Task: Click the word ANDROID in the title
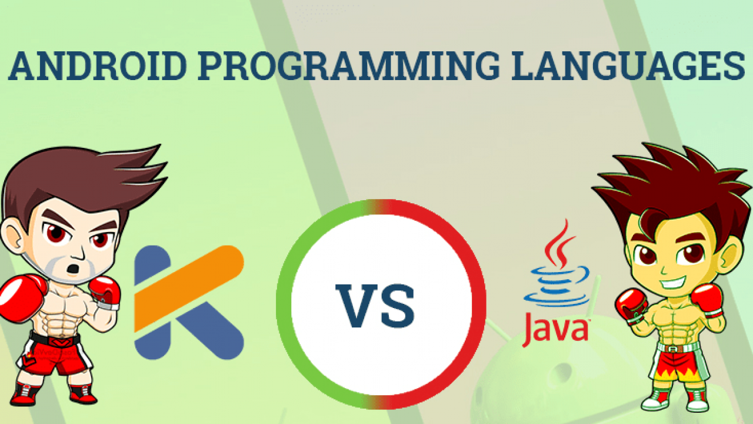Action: (98, 65)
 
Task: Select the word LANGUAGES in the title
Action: (628, 65)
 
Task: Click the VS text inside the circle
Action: (375, 306)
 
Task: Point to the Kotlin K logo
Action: (189, 303)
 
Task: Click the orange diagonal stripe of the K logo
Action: (189, 289)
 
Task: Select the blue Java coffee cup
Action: (557, 286)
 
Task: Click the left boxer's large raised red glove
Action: (21, 299)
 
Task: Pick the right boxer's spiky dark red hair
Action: (672, 188)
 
